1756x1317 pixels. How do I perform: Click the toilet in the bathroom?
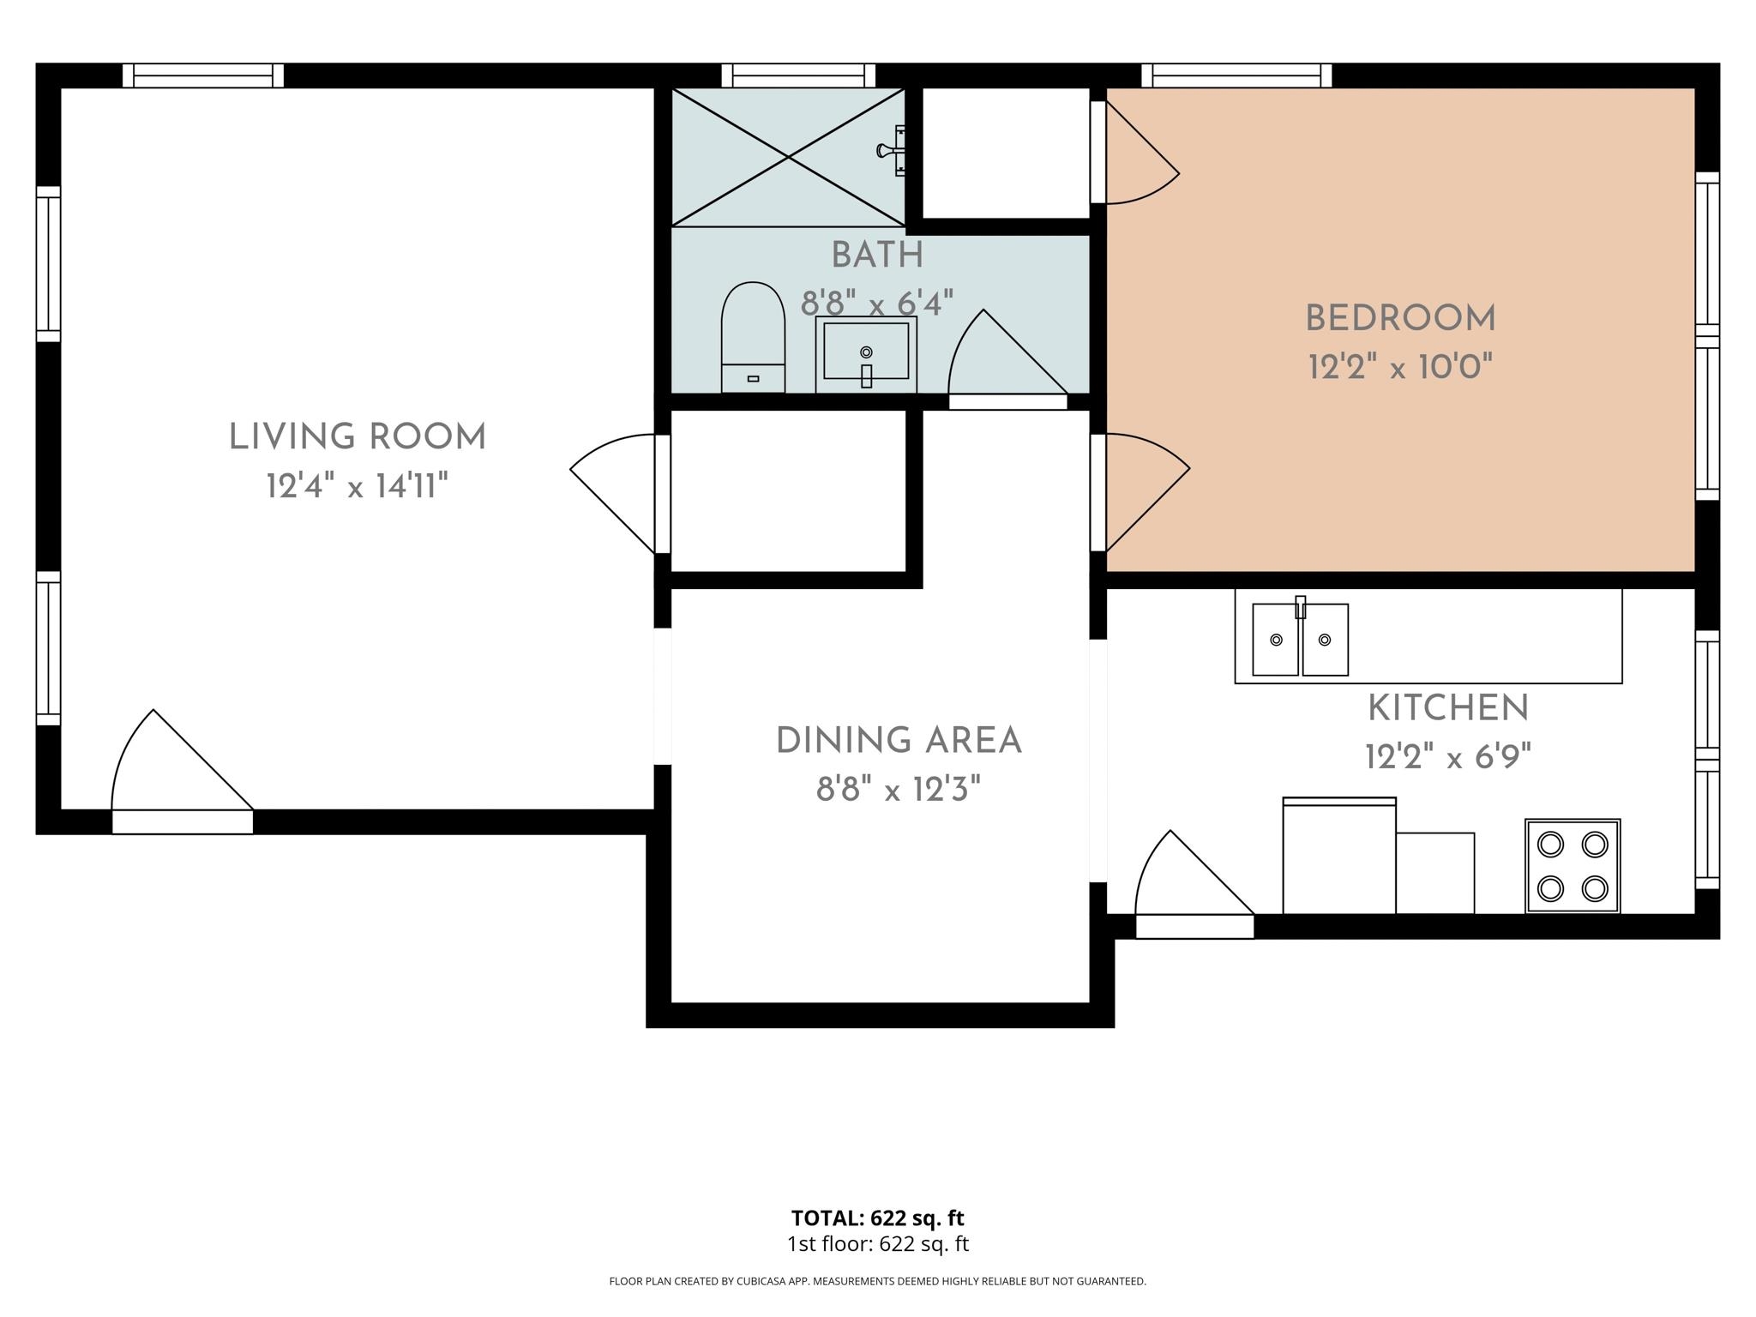point(753,338)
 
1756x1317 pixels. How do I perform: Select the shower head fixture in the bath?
point(893,151)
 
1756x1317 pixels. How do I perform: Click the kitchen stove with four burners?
point(1573,866)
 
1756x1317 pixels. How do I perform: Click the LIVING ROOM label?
point(358,437)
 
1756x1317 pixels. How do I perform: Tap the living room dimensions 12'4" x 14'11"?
point(358,487)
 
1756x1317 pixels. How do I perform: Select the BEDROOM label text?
point(1400,319)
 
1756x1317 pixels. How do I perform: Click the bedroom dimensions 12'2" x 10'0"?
point(1400,368)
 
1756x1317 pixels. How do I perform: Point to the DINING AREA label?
point(899,741)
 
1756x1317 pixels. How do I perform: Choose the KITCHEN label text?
point(1448,709)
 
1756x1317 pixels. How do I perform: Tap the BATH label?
point(877,256)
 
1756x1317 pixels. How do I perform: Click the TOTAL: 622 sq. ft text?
point(877,1218)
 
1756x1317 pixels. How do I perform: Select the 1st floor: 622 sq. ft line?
point(877,1244)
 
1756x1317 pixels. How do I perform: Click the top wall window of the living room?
point(203,75)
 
